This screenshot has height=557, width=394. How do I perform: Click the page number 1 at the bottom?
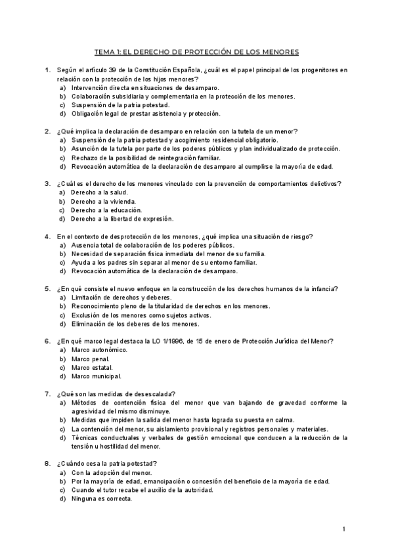tap(344, 529)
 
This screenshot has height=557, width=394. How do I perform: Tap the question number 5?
tap(47, 288)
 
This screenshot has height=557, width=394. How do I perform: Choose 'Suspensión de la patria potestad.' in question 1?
tap(121, 105)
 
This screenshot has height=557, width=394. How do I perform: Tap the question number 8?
tap(47, 463)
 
